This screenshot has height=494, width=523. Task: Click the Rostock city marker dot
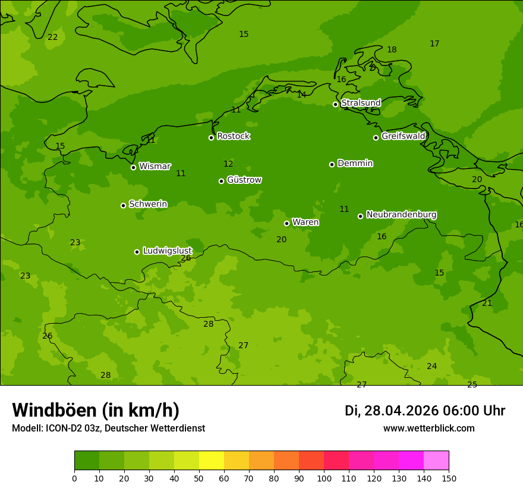click(211, 137)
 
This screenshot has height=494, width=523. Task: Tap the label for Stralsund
click(361, 103)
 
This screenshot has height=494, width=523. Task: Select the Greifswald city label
click(403, 136)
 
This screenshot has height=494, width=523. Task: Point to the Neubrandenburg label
click(401, 214)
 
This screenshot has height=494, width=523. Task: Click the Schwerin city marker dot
click(123, 205)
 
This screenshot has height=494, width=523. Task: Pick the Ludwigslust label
click(167, 251)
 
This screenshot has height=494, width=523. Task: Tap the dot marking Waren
click(286, 223)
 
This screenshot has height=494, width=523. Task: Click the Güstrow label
click(244, 180)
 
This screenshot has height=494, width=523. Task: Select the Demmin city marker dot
click(332, 164)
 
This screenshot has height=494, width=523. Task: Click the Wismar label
click(155, 166)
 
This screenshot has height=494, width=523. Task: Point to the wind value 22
click(53, 37)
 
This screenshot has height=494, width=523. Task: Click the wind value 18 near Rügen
click(392, 50)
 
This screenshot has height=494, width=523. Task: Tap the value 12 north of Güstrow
click(228, 164)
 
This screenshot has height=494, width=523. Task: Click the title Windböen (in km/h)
click(96, 410)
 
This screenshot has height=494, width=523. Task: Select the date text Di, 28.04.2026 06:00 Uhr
click(425, 411)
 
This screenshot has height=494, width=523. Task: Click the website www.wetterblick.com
click(429, 429)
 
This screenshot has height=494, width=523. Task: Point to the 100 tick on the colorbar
click(324, 478)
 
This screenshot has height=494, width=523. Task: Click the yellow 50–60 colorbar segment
click(212, 461)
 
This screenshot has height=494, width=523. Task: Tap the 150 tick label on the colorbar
click(449, 478)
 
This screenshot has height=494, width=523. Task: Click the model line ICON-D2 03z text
click(108, 429)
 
